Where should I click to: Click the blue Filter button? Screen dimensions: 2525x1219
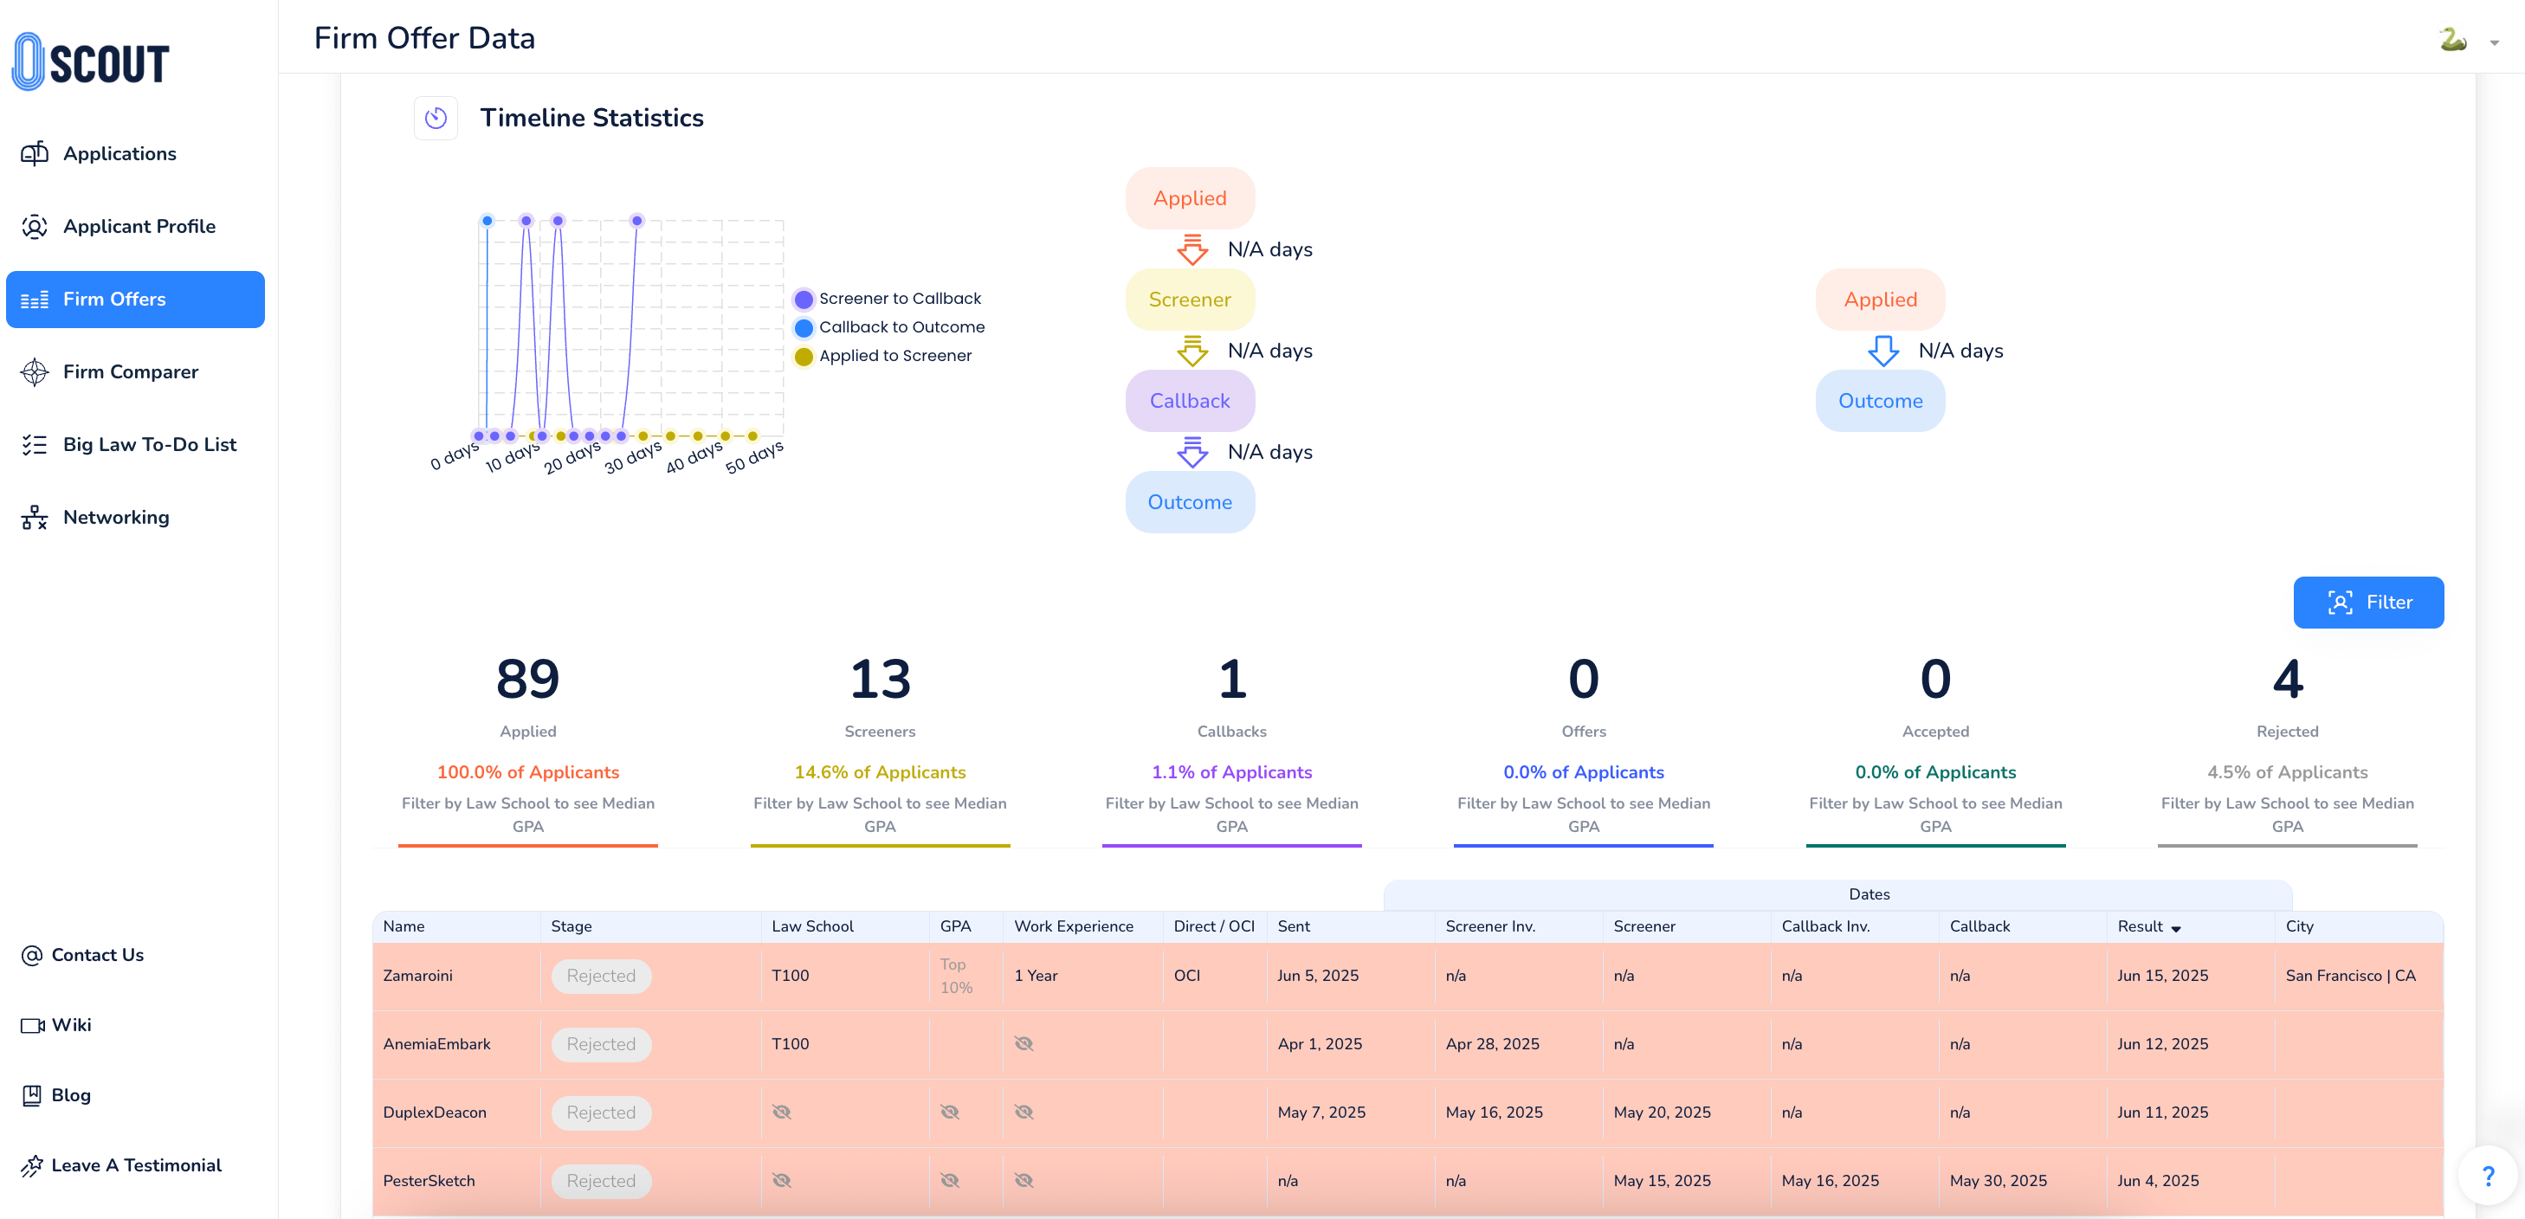pos(2367,602)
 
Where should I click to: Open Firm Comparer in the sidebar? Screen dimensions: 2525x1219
pos(131,372)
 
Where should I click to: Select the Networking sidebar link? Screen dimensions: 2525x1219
pos(116,518)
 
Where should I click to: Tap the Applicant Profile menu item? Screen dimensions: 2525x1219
pos(139,226)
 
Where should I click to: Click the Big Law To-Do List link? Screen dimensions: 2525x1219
pos(149,445)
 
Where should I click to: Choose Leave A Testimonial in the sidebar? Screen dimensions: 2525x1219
pos(136,1165)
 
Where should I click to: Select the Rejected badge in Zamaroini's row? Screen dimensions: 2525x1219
pos(601,976)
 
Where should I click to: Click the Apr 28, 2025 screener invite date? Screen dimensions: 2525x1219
pos(1492,1043)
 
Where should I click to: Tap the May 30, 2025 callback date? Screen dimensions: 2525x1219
pos(1998,1181)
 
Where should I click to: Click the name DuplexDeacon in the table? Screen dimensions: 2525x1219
pos(434,1113)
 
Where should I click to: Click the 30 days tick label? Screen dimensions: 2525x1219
pos(633,456)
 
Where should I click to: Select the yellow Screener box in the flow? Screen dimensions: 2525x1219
pos(1189,300)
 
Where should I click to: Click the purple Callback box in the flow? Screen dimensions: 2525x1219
pos(1189,401)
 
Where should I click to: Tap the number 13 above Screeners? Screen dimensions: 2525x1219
pos(879,679)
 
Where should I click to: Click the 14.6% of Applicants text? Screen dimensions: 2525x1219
pos(879,772)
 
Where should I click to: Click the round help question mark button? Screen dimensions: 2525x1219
pos(2488,1176)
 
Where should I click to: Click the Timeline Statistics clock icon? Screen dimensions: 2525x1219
pos(436,119)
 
